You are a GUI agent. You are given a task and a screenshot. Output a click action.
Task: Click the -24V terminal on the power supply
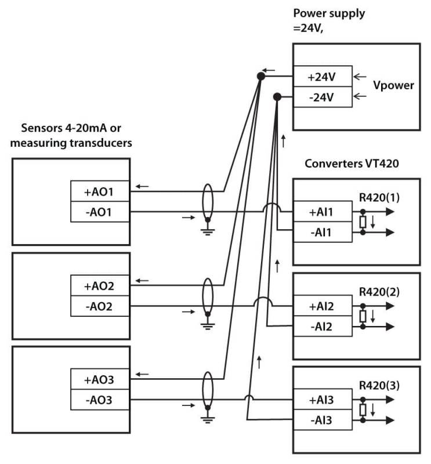click(x=322, y=96)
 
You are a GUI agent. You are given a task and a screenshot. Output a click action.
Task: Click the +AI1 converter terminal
click(x=322, y=212)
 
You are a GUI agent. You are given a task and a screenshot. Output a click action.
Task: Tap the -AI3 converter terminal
click(x=322, y=420)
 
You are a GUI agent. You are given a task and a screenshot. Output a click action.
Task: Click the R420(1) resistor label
click(x=377, y=197)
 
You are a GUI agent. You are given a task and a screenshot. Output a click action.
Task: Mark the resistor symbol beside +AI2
click(x=363, y=317)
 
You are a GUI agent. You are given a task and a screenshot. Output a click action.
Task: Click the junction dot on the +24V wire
click(x=261, y=75)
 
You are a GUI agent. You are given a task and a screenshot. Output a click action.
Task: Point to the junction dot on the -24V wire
click(x=277, y=96)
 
